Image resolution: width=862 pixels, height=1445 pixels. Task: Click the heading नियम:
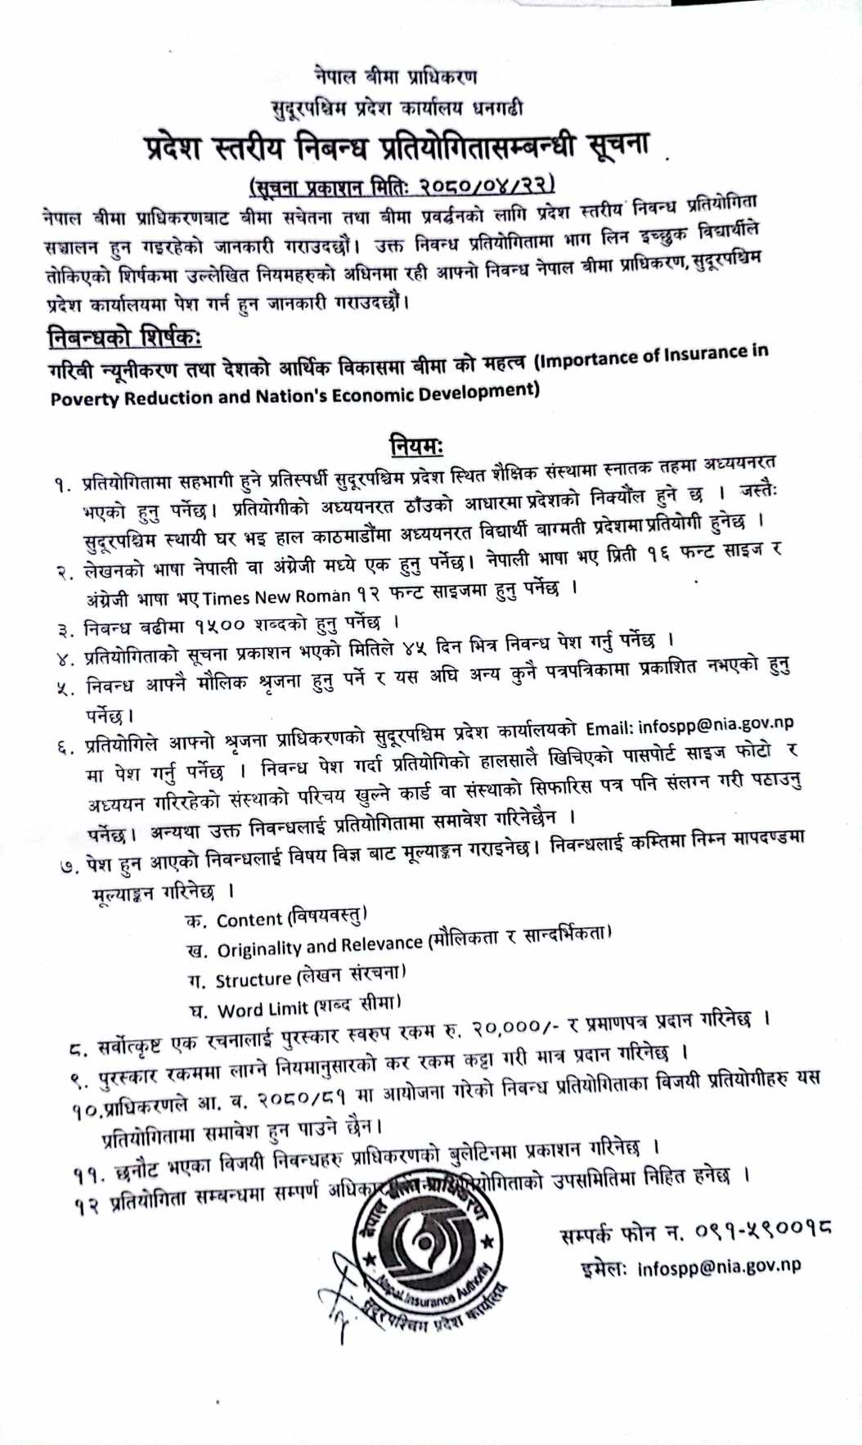tap(416, 446)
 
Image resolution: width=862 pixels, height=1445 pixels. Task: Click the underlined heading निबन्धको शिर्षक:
tap(124, 336)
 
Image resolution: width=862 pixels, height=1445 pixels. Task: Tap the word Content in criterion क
tap(249, 920)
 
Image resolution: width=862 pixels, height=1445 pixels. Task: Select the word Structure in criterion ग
tap(253, 979)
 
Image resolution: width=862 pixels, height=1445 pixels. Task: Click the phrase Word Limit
tap(263, 1009)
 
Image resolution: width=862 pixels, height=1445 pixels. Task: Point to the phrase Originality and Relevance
tap(320, 948)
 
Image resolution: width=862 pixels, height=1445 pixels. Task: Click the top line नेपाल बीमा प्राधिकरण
tap(395, 78)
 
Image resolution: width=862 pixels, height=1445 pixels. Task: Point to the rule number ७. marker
tap(71, 865)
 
